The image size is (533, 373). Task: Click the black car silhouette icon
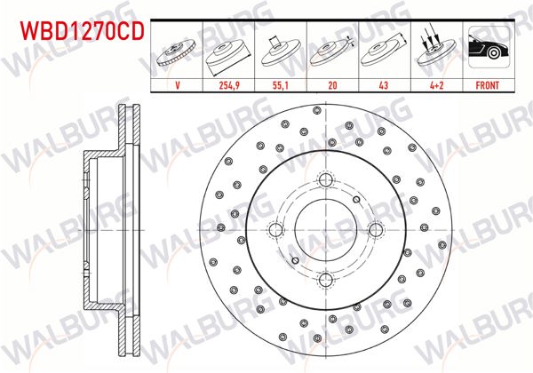tap(485, 52)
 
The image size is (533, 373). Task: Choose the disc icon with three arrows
tap(434, 52)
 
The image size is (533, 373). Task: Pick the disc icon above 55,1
tap(281, 52)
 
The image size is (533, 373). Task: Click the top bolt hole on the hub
tap(325, 181)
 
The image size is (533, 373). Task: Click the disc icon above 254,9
tap(229, 52)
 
